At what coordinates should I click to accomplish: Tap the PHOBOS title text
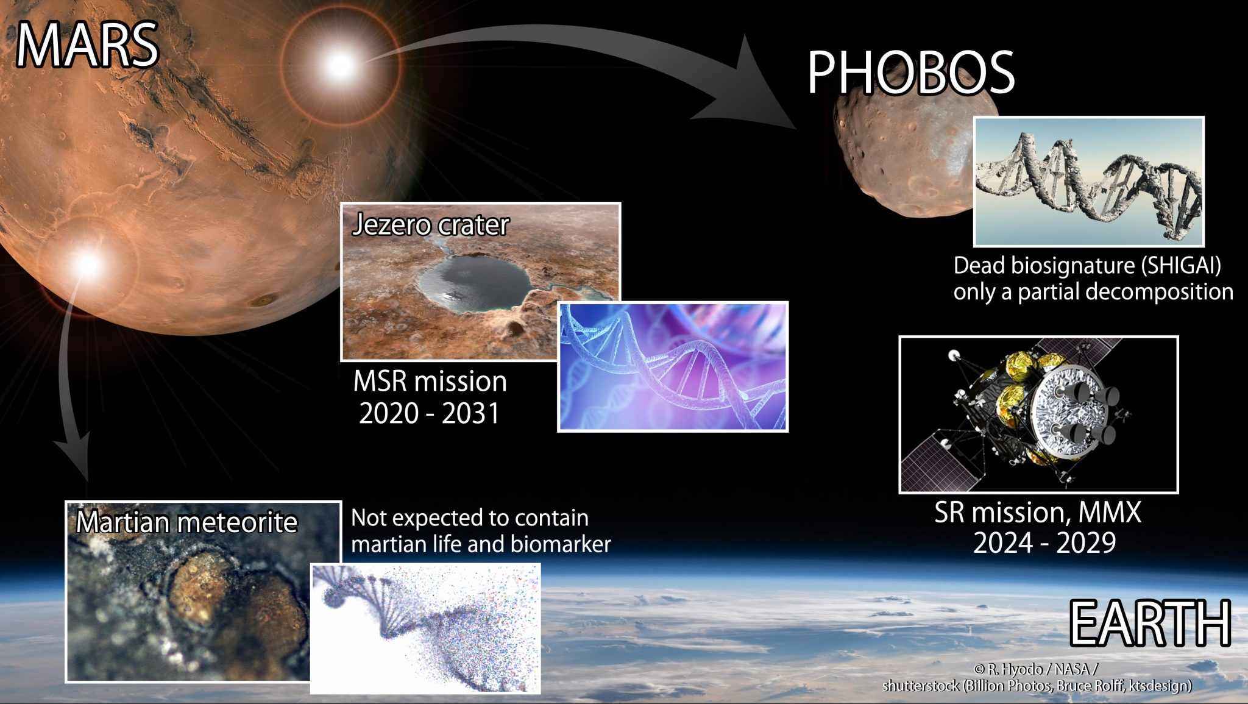(x=910, y=73)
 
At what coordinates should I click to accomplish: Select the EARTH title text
(x=1150, y=623)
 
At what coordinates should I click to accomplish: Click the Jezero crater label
(x=430, y=224)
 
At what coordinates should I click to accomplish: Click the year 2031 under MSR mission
(x=470, y=413)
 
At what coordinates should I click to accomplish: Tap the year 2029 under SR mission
(x=1085, y=542)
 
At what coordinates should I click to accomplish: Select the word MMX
(x=1109, y=512)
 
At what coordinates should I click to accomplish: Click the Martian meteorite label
(x=186, y=522)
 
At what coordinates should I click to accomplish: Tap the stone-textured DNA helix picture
(x=1088, y=182)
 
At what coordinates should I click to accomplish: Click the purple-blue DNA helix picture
(x=673, y=366)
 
